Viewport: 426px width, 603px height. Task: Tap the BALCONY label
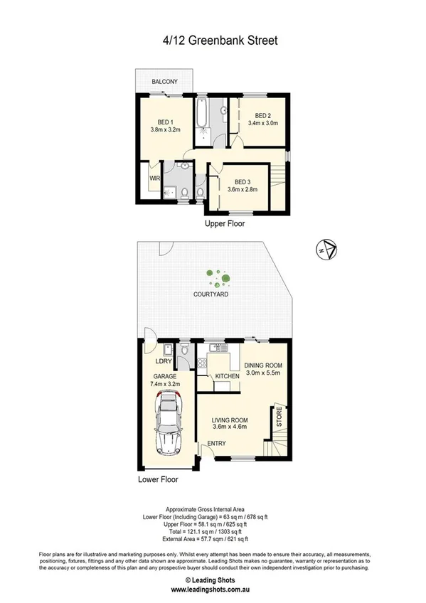[164, 82]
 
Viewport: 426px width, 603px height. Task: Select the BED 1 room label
[161, 122]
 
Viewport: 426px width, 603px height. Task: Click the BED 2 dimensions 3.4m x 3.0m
[262, 123]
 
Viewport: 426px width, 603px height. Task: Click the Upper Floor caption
[225, 223]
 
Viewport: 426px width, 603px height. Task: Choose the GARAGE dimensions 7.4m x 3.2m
[164, 384]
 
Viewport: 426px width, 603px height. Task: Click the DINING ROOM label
[264, 365]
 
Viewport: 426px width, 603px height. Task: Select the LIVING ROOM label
[229, 420]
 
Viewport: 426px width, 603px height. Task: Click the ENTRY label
[216, 444]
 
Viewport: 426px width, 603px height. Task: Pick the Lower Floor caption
[158, 479]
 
